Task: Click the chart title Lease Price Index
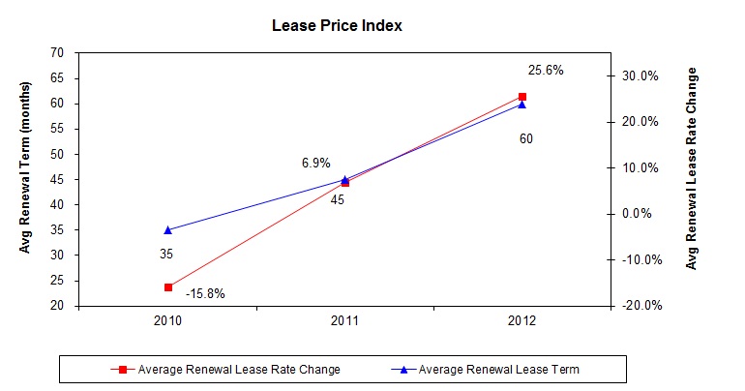(337, 26)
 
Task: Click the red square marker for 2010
(168, 287)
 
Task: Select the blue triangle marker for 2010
(168, 230)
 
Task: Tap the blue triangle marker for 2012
(522, 105)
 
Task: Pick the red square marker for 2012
(522, 97)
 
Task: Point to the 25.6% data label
(545, 71)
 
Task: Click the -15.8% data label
(205, 293)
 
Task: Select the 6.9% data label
(316, 164)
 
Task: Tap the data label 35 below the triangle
(166, 255)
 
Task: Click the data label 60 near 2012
(525, 139)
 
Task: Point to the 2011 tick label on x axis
(345, 321)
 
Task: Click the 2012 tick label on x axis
(522, 321)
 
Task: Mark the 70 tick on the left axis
(57, 53)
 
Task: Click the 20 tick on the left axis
(57, 306)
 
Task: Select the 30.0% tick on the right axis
(641, 75)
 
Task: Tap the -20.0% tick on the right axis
(639, 306)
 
